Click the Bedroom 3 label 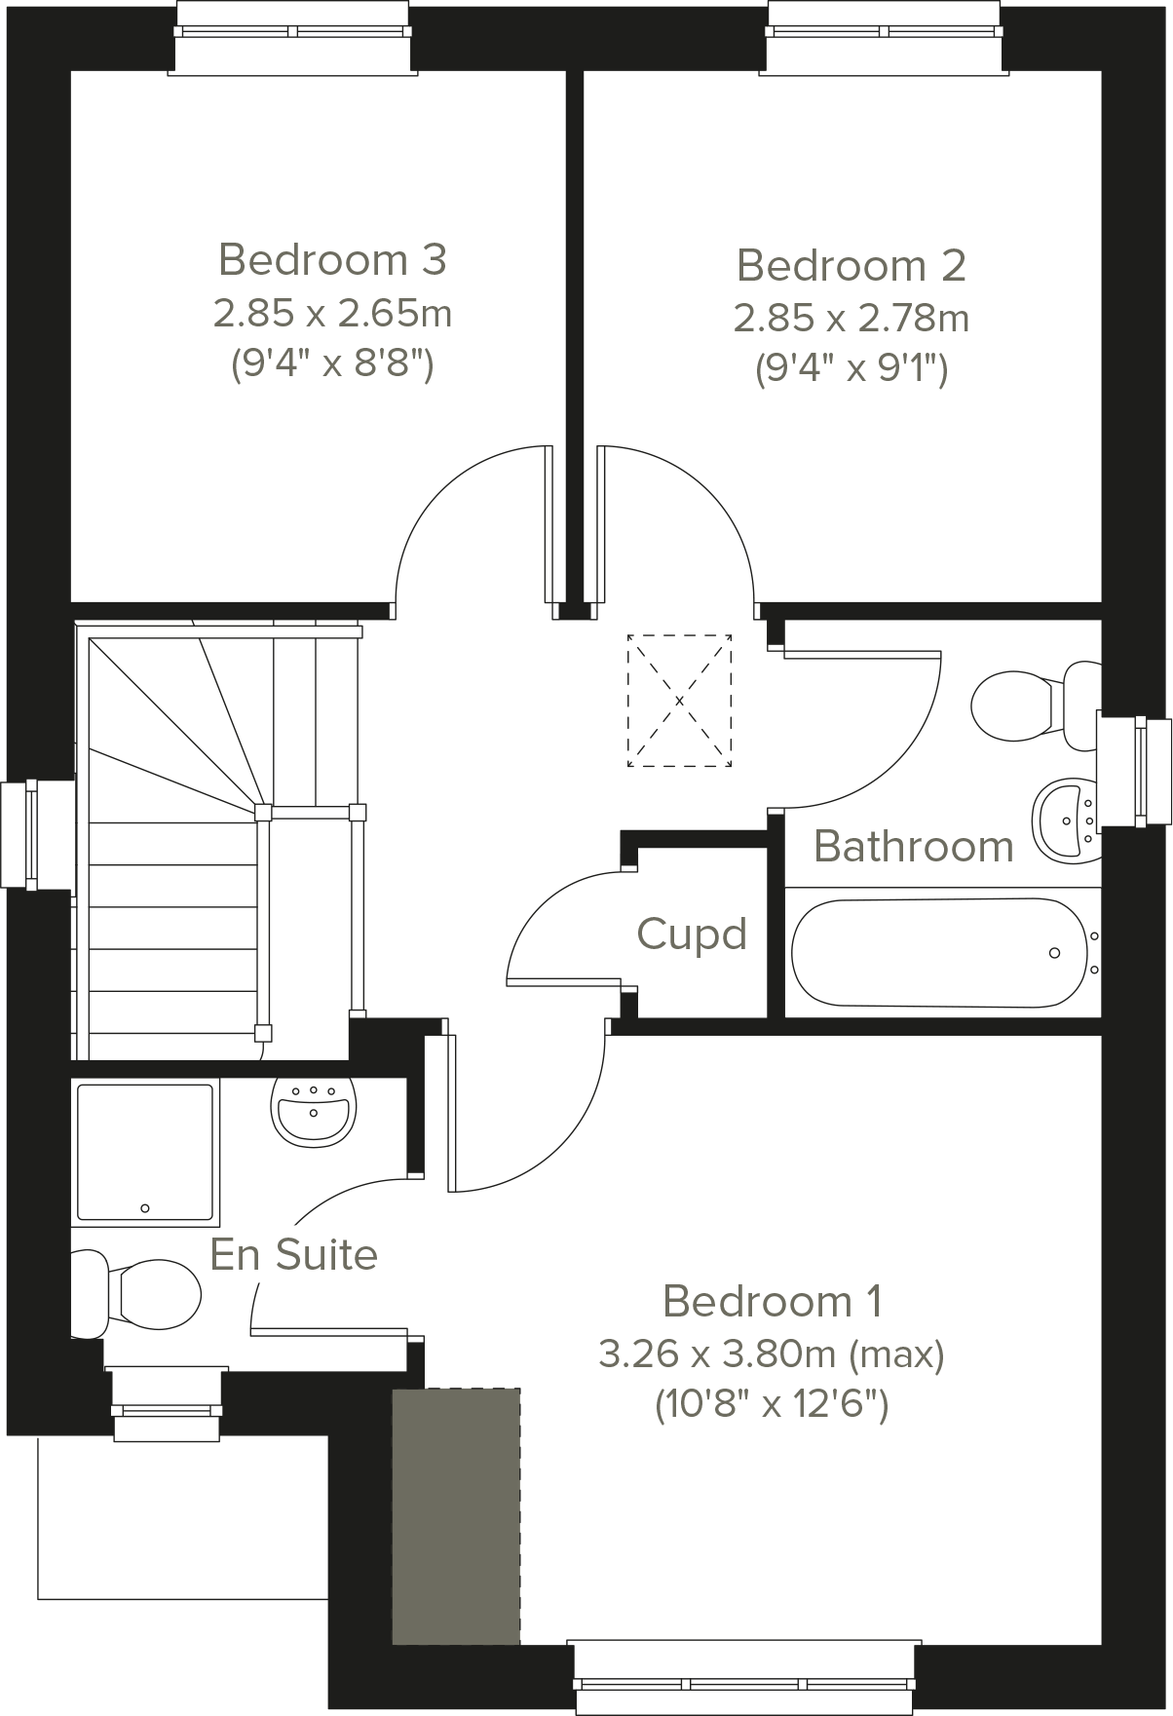point(332,260)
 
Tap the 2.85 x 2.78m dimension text point(851,318)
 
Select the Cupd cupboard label point(692,934)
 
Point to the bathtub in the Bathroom point(940,952)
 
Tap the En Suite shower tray point(145,1152)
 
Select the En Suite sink point(312,1108)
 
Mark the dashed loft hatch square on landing point(679,701)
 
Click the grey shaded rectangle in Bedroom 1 point(456,1515)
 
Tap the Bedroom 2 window point(885,37)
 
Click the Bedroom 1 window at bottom point(744,1678)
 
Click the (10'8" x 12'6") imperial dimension point(771,1405)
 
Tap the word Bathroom point(913,846)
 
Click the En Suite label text point(293,1254)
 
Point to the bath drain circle point(1054,953)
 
